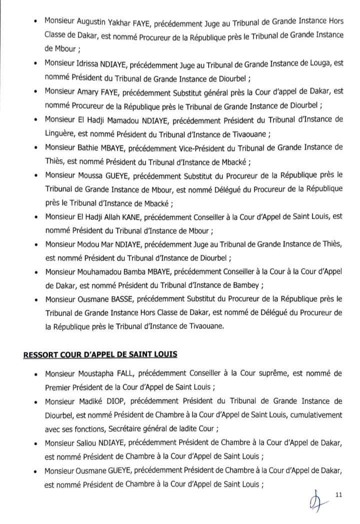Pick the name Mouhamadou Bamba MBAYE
point(125,272)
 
